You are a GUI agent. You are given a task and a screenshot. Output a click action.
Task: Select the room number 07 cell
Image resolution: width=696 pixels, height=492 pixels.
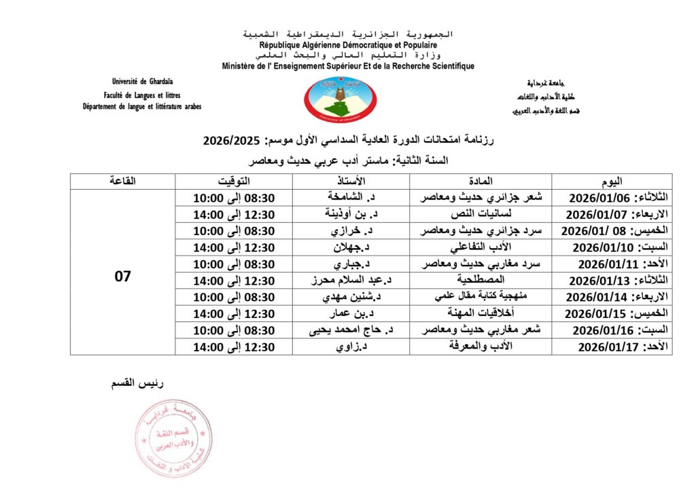(x=122, y=277)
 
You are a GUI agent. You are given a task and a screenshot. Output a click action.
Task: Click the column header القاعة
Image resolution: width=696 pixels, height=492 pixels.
(x=122, y=181)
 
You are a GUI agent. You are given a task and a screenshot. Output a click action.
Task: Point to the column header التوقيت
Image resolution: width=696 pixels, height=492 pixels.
(x=233, y=181)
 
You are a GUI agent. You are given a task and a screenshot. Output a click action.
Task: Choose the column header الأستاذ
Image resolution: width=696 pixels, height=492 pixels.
(x=351, y=181)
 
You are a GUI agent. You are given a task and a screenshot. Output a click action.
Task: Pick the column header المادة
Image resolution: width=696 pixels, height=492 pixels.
(x=480, y=181)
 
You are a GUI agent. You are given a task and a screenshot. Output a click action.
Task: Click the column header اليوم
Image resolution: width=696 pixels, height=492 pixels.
(x=611, y=181)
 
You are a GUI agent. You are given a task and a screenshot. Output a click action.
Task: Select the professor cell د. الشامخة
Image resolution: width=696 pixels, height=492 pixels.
(x=351, y=197)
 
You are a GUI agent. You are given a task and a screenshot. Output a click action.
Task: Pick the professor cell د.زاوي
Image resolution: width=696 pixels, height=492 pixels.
(x=351, y=347)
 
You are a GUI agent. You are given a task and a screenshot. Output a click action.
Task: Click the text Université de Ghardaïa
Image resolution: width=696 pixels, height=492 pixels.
(x=142, y=82)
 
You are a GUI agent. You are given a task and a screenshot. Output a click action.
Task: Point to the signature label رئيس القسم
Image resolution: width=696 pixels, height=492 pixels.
(x=138, y=384)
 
